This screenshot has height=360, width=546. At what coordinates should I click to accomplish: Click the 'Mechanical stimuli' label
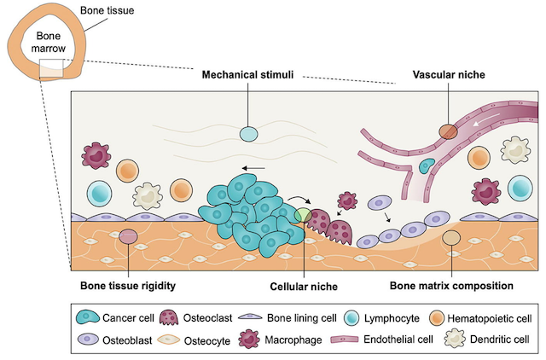point(247,75)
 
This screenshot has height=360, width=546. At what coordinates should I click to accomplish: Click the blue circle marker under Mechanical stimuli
point(247,134)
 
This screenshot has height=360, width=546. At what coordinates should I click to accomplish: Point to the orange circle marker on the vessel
point(448,132)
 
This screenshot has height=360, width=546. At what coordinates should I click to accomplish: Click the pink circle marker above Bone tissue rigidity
point(128,237)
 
